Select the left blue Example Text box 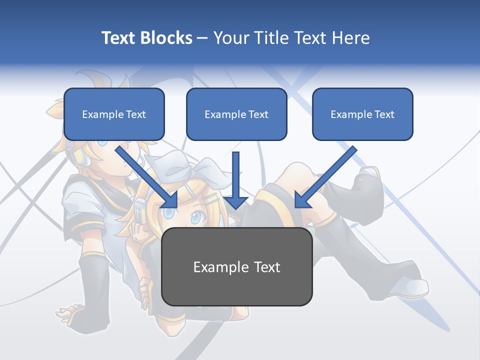(x=114, y=114)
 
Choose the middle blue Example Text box (x=236, y=114)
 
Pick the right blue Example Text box (x=362, y=114)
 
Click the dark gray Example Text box (x=237, y=266)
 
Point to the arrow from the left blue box (x=147, y=177)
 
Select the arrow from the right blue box (x=325, y=177)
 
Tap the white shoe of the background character (x=415, y=287)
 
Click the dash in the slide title (x=202, y=38)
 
